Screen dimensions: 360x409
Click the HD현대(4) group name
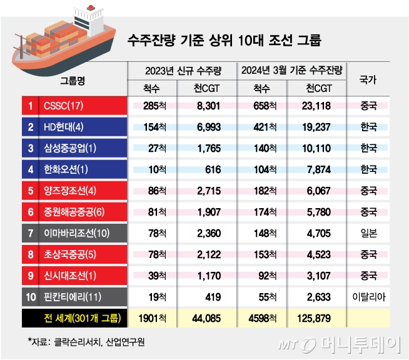(x=64, y=127)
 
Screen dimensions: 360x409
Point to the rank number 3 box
(x=29, y=148)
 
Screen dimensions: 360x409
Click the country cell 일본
(x=368, y=233)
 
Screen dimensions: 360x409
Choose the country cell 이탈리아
(x=368, y=297)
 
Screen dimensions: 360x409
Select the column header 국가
(x=368, y=79)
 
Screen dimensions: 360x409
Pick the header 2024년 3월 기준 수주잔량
(x=293, y=69)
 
